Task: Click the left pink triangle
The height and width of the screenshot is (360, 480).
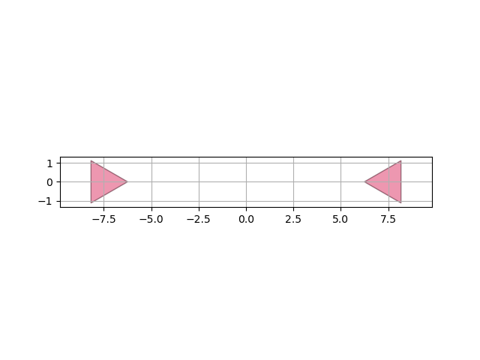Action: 103,181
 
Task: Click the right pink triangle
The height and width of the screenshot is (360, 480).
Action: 388,181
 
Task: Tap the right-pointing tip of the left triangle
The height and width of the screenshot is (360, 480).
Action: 127,181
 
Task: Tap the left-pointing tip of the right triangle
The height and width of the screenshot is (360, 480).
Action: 364,181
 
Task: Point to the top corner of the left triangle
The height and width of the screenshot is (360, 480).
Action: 91,160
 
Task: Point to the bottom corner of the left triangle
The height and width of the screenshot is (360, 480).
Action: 91,203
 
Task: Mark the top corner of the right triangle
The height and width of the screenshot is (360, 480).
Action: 401,160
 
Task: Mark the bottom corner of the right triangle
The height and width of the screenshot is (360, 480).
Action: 401,203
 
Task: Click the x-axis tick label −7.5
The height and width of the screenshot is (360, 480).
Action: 103,220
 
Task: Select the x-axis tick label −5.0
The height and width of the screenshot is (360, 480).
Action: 151,220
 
